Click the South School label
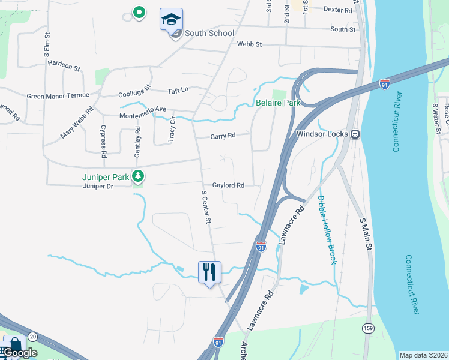(x=209, y=33)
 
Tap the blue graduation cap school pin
(x=171, y=19)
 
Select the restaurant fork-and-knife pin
(x=209, y=272)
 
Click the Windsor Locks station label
(x=323, y=133)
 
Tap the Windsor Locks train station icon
(x=355, y=133)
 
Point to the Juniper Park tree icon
(x=139, y=176)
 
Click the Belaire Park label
(x=278, y=103)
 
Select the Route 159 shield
(x=368, y=328)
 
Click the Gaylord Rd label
(x=228, y=186)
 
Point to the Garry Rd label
(x=223, y=136)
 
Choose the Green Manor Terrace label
(x=58, y=95)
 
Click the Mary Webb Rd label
(x=77, y=122)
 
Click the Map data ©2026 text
(x=423, y=355)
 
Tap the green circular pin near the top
(x=139, y=11)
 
